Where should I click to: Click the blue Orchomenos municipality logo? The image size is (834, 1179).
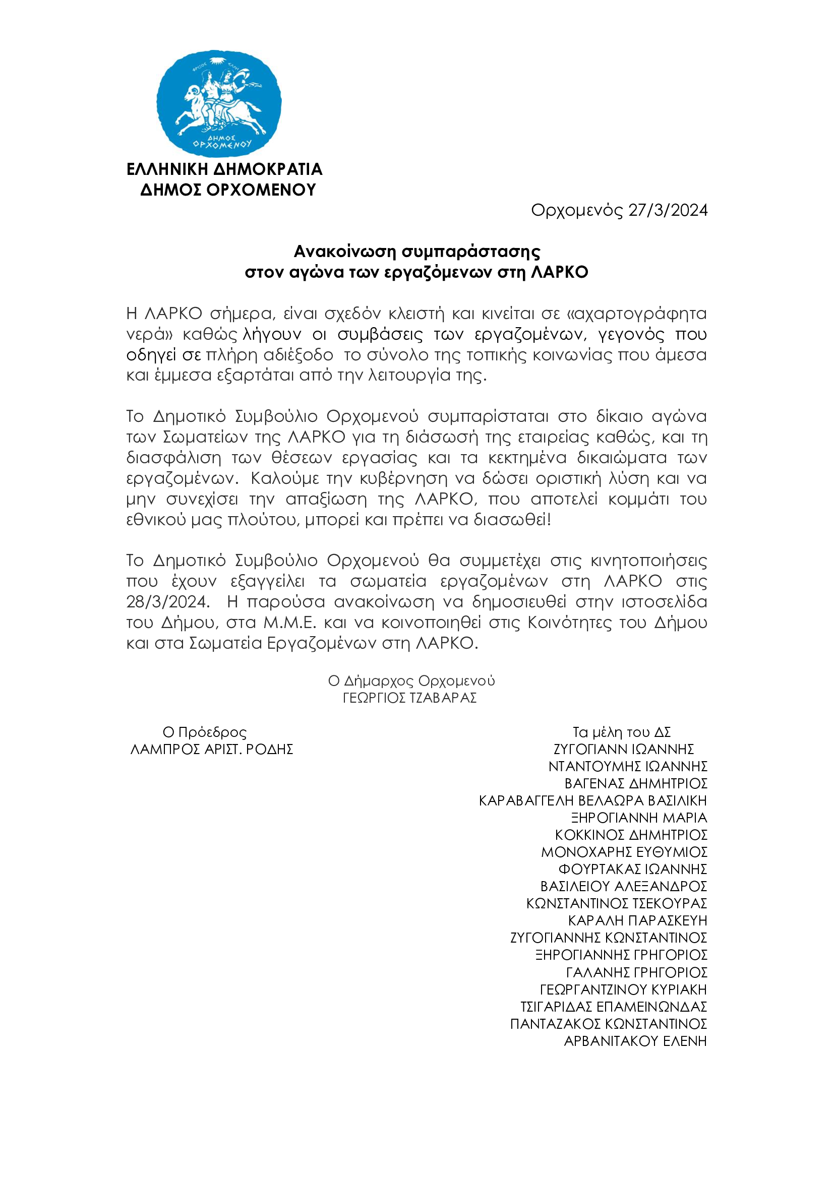pyautogui.click(x=219, y=104)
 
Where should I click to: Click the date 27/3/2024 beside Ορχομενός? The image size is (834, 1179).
pyautogui.click(x=668, y=210)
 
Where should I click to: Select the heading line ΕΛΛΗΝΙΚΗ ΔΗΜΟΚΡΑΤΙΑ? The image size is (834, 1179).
pyautogui.click(x=224, y=169)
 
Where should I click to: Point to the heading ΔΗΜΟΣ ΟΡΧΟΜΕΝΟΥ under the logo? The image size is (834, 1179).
pyautogui.click(x=228, y=190)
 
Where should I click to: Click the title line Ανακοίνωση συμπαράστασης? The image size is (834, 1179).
pyautogui.click(x=416, y=252)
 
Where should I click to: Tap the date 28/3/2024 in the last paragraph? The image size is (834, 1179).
pyautogui.click(x=167, y=601)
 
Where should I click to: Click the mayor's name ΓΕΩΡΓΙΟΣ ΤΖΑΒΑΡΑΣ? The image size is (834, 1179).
pyautogui.click(x=410, y=698)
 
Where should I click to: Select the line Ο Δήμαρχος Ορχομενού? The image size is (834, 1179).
pyautogui.click(x=411, y=681)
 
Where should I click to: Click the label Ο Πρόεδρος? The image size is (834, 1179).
pyautogui.click(x=204, y=732)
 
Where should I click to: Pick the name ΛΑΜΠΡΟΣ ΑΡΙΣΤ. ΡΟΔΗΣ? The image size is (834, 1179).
pyautogui.click(x=212, y=749)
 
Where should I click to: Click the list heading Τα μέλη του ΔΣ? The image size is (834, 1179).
pyautogui.click(x=621, y=732)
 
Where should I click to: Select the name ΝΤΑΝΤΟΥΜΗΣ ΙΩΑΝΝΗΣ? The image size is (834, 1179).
pyautogui.click(x=628, y=767)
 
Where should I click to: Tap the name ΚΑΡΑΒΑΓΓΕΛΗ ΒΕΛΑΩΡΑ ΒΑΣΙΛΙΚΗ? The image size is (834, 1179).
pyautogui.click(x=592, y=801)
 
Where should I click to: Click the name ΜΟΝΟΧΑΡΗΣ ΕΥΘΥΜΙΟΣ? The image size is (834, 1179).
pyautogui.click(x=624, y=852)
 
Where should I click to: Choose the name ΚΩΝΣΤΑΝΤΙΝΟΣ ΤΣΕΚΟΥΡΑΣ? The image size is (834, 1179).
pyautogui.click(x=616, y=904)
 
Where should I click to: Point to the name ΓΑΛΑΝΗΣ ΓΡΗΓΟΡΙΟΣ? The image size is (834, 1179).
pyautogui.click(x=636, y=972)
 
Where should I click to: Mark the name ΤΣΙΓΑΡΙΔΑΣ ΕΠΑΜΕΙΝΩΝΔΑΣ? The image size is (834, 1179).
pyautogui.click(x=613, y=1007)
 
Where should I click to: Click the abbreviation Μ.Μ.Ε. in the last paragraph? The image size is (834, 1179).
pyautogui.click(x=289, y=623)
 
